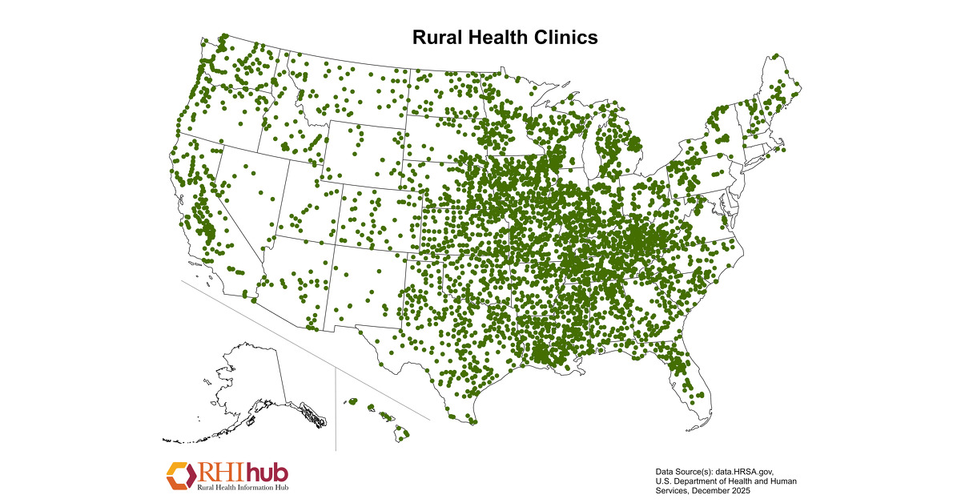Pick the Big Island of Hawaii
(x=402, y=434)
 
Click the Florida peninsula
(x=690, y=384)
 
